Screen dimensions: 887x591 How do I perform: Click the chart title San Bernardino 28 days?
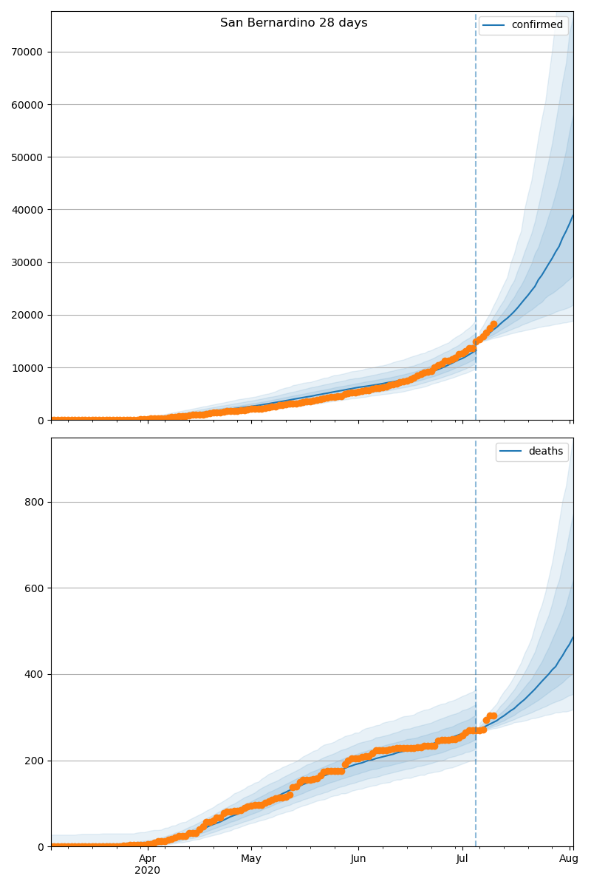pos(293,23)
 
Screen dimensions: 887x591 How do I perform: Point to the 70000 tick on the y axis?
pos(27,52)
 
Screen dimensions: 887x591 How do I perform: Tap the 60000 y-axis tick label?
pos(27,104)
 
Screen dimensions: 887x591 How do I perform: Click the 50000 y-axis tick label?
pos(27,157)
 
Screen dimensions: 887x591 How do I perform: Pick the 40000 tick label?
pos(27,210)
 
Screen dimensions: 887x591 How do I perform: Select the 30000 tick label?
pos(27,262)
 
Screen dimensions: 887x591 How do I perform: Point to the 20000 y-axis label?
pos(27,315)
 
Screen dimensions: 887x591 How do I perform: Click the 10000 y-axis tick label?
pos(27,368)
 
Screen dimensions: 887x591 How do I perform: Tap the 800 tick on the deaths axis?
pos(35,503)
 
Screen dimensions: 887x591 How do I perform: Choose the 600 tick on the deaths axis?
pos(35,588)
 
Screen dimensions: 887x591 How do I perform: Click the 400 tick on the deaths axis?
pos(35,675)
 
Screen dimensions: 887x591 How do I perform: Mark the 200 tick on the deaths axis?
pos(35,761)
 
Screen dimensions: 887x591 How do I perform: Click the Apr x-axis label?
pos(148,859)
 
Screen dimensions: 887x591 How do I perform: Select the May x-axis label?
pos(251,859)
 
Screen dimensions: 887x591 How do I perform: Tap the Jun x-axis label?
pos(358,859)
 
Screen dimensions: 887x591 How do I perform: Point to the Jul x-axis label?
pos(462,859)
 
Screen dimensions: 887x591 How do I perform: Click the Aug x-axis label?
pos(569,859)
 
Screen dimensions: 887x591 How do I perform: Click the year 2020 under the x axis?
pos(148,871)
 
